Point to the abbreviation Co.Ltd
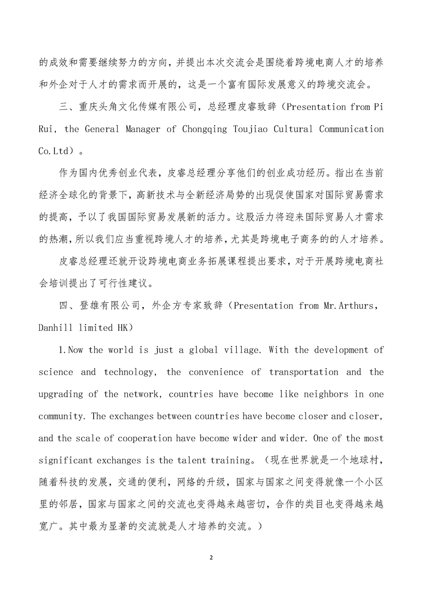pyautogui.click(x=55, y=151)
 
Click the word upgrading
pyautogui.click(x=62, y=394)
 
